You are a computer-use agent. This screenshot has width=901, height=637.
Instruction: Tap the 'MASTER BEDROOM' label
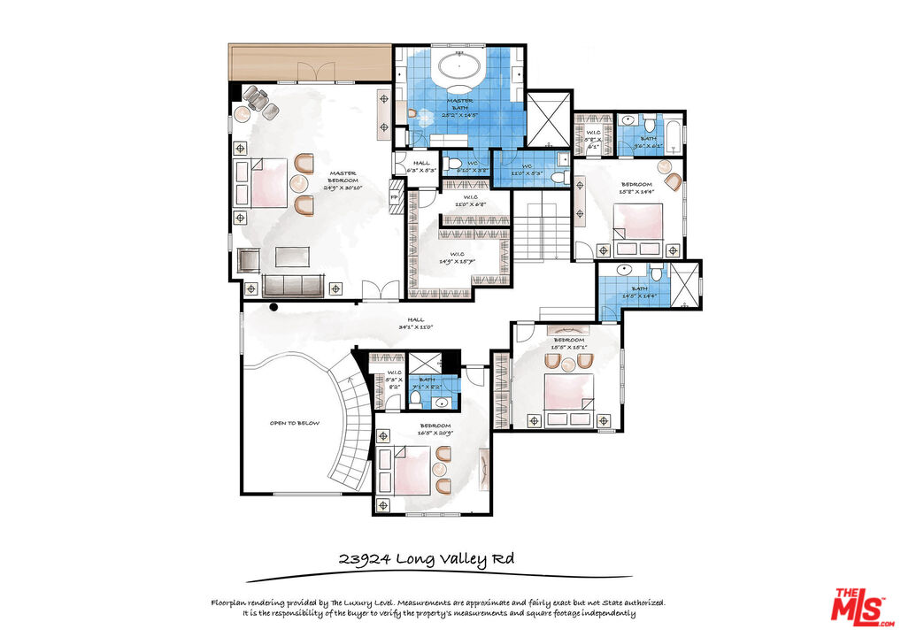tap(343, 180)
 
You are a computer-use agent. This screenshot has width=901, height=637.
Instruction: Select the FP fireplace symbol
tap(395, 197)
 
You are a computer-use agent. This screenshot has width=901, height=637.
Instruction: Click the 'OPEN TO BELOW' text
tap(295, 423)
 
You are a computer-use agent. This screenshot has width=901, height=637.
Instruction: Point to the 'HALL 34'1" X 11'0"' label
tap(415, 324)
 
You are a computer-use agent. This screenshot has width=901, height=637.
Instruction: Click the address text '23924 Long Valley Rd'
tap(426, 559)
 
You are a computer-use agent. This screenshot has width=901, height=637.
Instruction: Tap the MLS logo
tap(859, 606)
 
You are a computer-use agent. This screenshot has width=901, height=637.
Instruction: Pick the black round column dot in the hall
tap(274, 308)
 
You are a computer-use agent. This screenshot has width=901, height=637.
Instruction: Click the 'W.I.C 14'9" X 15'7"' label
tap(458, 258)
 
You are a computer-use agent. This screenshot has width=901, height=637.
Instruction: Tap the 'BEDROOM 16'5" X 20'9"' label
tap(435, 429)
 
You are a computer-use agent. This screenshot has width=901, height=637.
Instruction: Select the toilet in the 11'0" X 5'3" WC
tap(558, 177)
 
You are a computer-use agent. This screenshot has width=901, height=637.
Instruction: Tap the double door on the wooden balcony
tap(311, 72)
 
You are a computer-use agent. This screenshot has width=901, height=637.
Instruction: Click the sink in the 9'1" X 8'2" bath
tap(442, 403)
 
